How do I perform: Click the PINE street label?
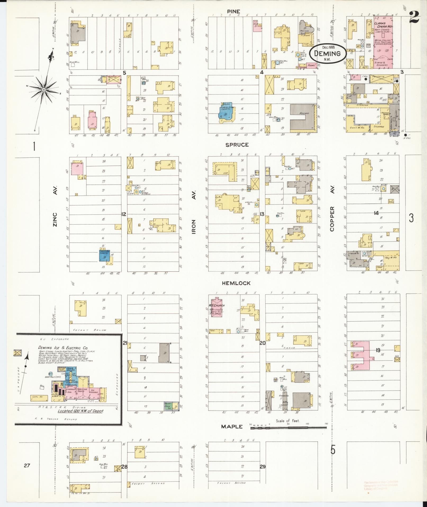[233, 11]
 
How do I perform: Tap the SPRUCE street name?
[237, 145]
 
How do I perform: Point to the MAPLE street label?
[232, 426]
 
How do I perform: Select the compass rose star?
[44, 90]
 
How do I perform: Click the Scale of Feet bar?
[288, 427]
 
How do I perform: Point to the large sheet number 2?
[414, 17]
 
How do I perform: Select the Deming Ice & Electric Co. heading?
[63, 348]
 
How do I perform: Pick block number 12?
[124, 214]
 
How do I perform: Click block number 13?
[262, 214]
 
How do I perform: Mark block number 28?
[124, 467]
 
